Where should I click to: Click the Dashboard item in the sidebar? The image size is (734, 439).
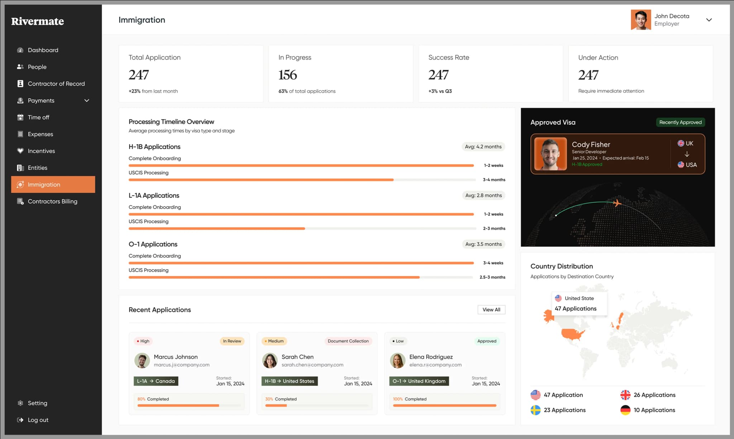43,50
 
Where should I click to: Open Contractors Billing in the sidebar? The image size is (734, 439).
52,202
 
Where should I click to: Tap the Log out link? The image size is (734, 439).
38,420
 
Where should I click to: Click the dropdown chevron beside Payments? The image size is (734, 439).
87,101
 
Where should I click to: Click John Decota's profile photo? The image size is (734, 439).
641,20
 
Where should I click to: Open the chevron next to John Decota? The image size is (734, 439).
709,20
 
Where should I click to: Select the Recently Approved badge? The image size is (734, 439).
680,122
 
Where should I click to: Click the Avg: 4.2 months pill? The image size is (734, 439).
483,147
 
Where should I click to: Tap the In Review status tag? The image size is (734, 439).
232,341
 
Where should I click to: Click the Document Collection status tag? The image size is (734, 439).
348,341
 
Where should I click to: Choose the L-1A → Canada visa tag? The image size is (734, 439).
156,381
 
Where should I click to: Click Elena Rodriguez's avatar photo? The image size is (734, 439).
397,360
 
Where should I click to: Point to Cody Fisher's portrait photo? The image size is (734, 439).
550,154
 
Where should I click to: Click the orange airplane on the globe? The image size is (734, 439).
617,203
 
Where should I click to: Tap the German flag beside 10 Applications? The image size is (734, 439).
625,410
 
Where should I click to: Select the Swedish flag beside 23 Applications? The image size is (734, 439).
535,410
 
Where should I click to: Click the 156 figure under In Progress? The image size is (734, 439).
288,75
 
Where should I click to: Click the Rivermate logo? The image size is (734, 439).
38,22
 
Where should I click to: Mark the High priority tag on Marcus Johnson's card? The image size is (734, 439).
143,341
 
